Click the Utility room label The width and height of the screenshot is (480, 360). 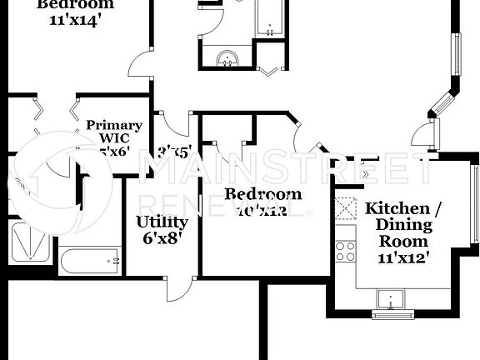(x=162, y=222)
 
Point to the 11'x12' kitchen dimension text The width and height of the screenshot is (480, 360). (x=402, y=257)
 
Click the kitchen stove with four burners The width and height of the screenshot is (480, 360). (x=344, y=249)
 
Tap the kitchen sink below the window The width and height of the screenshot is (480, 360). (x=392, y=299)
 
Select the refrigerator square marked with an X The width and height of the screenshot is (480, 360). (x=344, y=207)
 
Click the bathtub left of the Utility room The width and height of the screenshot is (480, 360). (x=90, y=261)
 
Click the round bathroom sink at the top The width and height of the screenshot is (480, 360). (x=227, y=57)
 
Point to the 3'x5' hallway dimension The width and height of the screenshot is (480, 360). (x=175, y=153)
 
